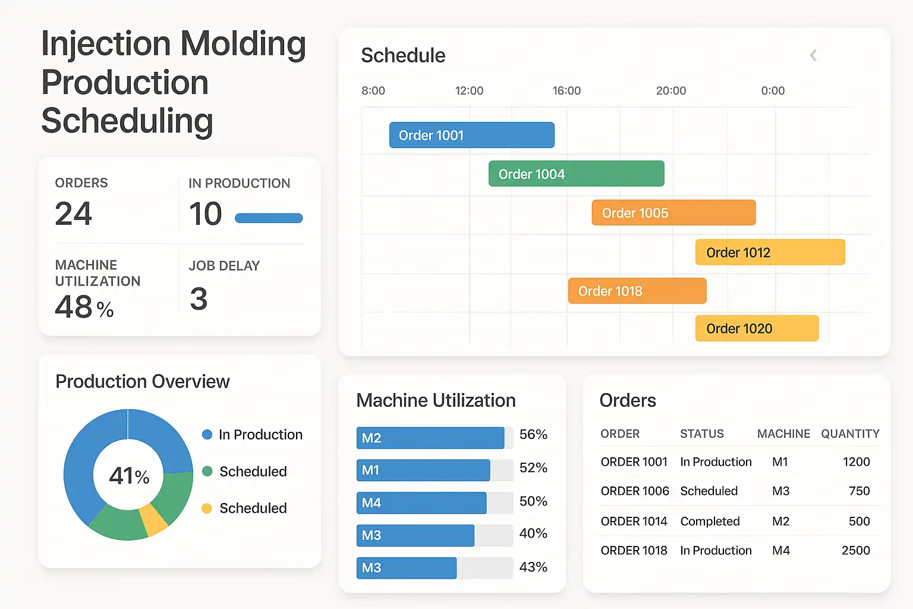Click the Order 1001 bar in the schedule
[471, 135]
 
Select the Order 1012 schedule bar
[770, 252]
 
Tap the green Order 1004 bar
[576, 174]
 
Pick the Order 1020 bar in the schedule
[757, 328]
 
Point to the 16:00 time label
[566, 91]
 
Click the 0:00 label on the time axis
[773, 91]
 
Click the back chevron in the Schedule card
[813, 55]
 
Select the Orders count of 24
[74, 214]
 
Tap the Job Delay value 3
[199, 299]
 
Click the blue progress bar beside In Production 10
[269, 218]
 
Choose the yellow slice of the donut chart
[153, 520]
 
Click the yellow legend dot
[207, 508]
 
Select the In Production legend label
[260, 435]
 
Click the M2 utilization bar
[430, 438]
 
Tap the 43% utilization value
[533, 567]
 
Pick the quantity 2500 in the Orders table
[855, 551]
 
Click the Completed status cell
[710, 522]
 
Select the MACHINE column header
[783, 434]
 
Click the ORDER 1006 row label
[635, 491]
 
